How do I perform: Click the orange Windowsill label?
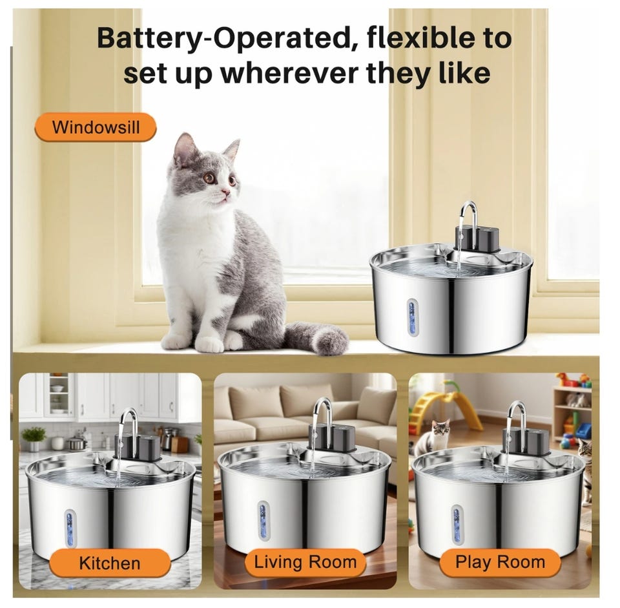[96, 127]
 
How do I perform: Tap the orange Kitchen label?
[110, 563]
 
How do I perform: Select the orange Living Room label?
[305, 562]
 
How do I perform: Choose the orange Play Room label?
[500, 562]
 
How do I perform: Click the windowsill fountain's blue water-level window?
[413, 313]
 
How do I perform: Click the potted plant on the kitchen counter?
[34, 438]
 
